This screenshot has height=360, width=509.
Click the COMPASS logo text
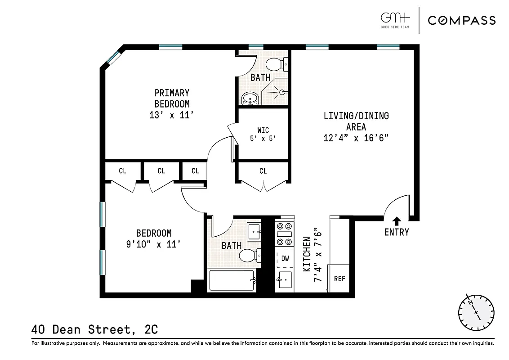461,20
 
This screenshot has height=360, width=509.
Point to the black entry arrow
397,220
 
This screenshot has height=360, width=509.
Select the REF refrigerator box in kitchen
339,278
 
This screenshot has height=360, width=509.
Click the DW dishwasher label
285,258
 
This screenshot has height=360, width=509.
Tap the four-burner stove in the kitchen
284,230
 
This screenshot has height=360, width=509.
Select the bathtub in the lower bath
232,281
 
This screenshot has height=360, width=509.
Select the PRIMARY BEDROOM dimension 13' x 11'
172,115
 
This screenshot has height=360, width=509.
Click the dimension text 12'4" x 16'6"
356,138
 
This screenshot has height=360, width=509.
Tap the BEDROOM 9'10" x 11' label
154,239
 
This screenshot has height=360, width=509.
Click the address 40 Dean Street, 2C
94,329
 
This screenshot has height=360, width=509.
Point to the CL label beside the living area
263,171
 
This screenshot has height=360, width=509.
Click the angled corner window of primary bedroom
113,57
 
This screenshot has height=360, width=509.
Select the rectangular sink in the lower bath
255,232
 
